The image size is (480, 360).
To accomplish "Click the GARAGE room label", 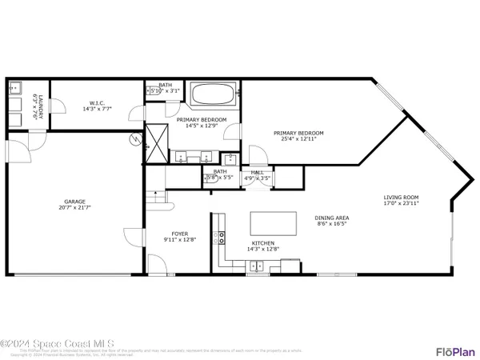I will tap(75, 202).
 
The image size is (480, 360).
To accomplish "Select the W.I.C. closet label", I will tap(96, 102).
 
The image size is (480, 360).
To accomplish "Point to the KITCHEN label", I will tap(263, 242).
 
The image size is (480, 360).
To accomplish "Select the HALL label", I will tap(257, 172).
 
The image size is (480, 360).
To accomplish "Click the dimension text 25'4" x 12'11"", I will tap(298, 138).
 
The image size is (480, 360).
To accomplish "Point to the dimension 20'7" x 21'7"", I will tap(75, 207).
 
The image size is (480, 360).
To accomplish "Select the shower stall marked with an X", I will tap(157, 142).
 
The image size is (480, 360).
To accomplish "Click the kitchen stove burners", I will tap(218, 236).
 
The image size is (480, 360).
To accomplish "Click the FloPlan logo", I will tap(456, 351).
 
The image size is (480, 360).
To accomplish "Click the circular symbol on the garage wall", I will tap(135, 139).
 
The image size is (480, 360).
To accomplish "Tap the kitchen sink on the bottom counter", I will tap(256, 266).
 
